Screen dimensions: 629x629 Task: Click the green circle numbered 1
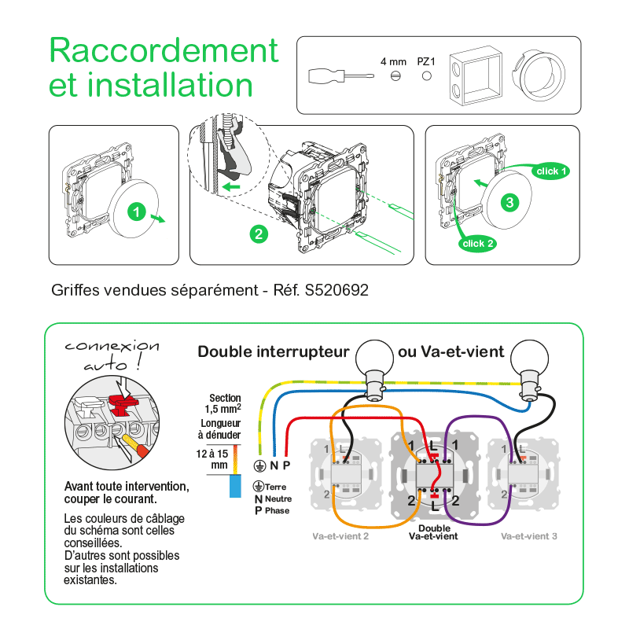pyautogui.click(x=136, y=212)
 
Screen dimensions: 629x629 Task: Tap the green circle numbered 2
pyautogui.click(x=259, y=234)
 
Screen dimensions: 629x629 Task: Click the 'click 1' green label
pyautogui.click(x=551, y=171)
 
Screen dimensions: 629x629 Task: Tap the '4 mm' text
pyautogui.click(x=393, y=61)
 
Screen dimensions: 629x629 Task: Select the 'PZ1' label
pyautogui.click(x=426, y=61)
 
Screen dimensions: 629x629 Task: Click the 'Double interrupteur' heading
pyautogui.click(x=273, y=351)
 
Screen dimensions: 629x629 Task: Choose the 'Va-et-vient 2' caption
pyautogui.click(x=339, y=535)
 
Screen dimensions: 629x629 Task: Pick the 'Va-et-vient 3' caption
pyautogui.click(x=529, y=535)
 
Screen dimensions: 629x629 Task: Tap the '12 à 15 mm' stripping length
pyautogui.click(x=213, y=459)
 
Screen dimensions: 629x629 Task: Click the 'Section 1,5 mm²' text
pyautogui.click(x=225, y=403)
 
